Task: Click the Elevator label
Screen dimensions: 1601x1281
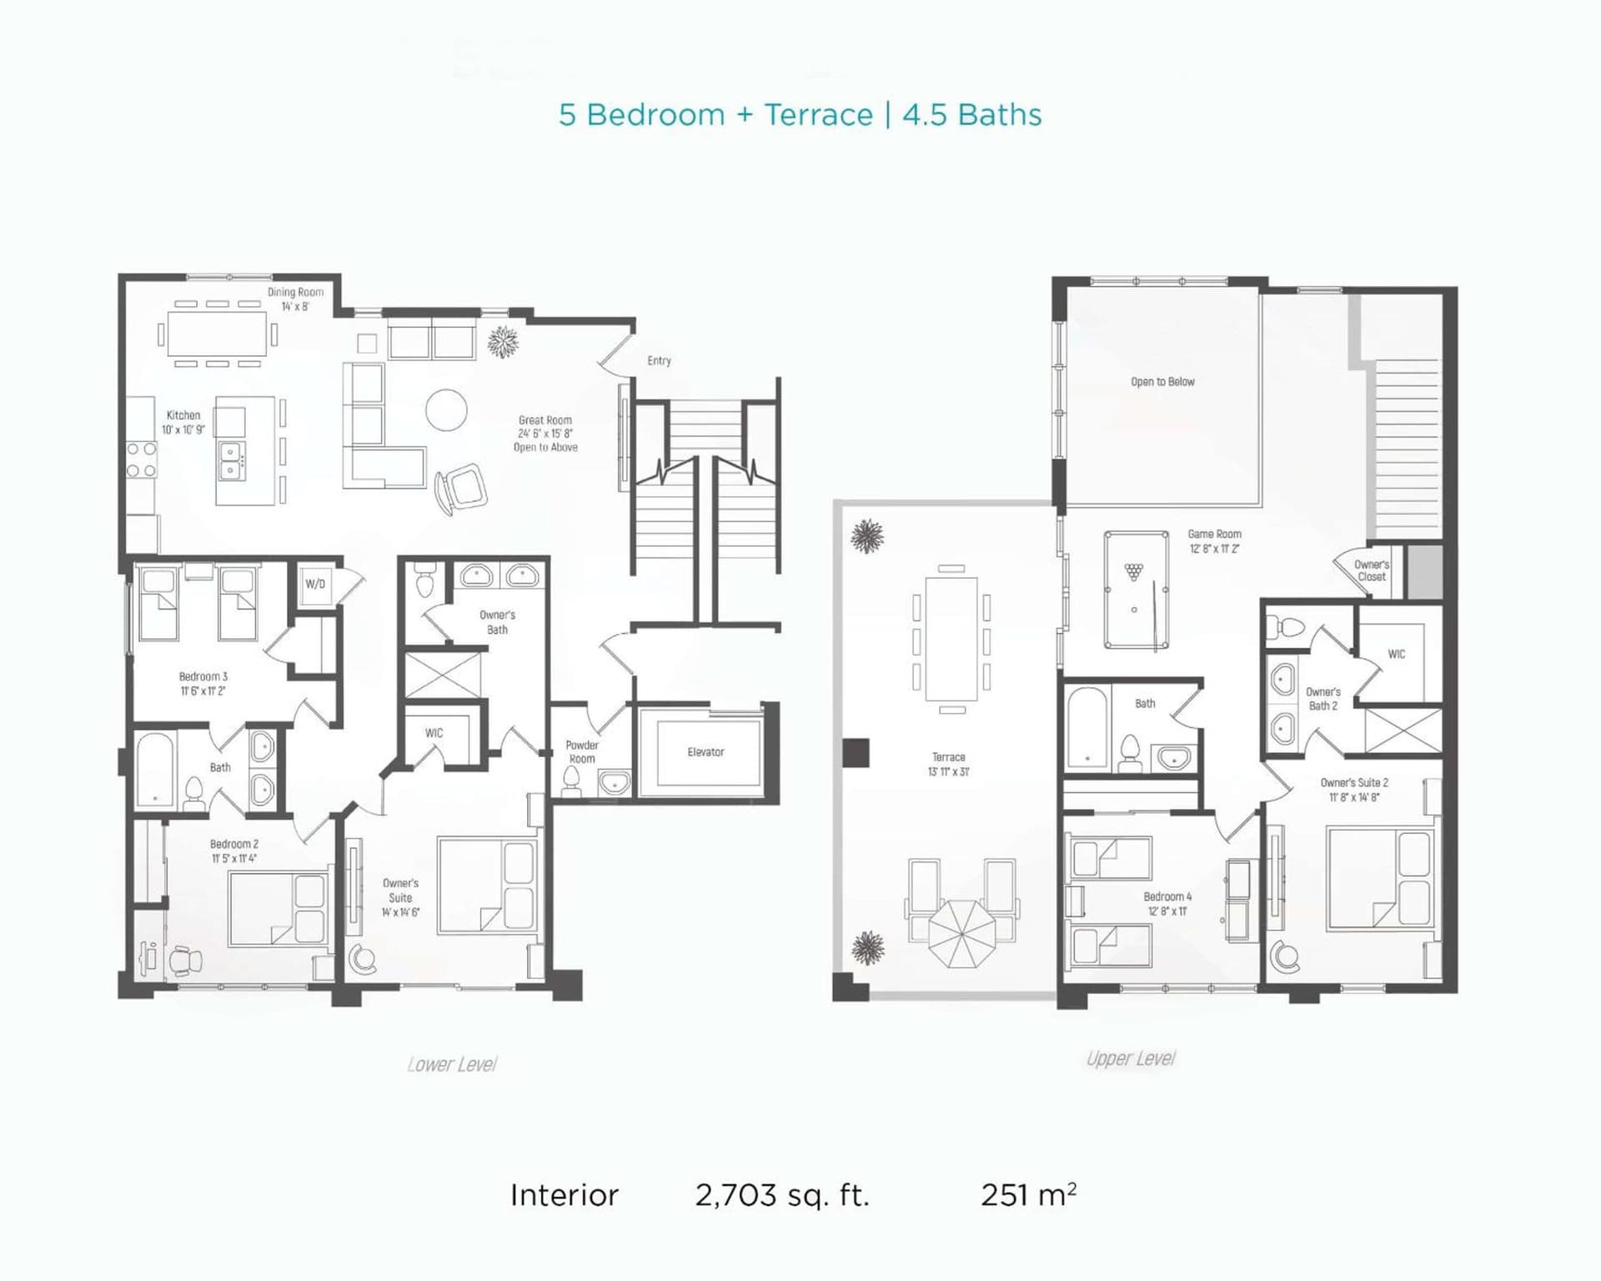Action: click(705, 752)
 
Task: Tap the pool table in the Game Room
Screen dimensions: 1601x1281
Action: click(1136, 590)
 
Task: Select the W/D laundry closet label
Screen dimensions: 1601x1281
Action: click(315, 584)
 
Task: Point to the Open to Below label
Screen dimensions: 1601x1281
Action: click(1162, 382)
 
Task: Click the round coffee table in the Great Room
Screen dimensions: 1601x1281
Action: click(446, 410)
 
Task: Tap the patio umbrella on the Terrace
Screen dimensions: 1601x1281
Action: click(961, 933)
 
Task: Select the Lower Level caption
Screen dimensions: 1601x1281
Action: click(452, 1064)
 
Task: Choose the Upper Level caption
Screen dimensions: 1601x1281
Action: click(1131, 1058)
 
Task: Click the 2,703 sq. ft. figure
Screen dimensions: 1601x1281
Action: click(782, 1195)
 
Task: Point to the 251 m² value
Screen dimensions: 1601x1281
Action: click(1028, 1194)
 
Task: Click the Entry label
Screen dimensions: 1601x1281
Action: click(659, 360)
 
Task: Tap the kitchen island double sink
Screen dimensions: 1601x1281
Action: click(231, 461)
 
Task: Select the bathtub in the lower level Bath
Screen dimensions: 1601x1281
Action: click(156, 769)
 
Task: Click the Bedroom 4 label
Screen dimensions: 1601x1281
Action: click(1167, 897)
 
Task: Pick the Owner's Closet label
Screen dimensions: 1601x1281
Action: click(1372, 570)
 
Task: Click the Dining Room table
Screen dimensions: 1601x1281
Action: click(218, 334)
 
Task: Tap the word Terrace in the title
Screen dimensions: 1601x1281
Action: click(818, 114)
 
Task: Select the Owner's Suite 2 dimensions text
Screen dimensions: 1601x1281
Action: click(1354, 797)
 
